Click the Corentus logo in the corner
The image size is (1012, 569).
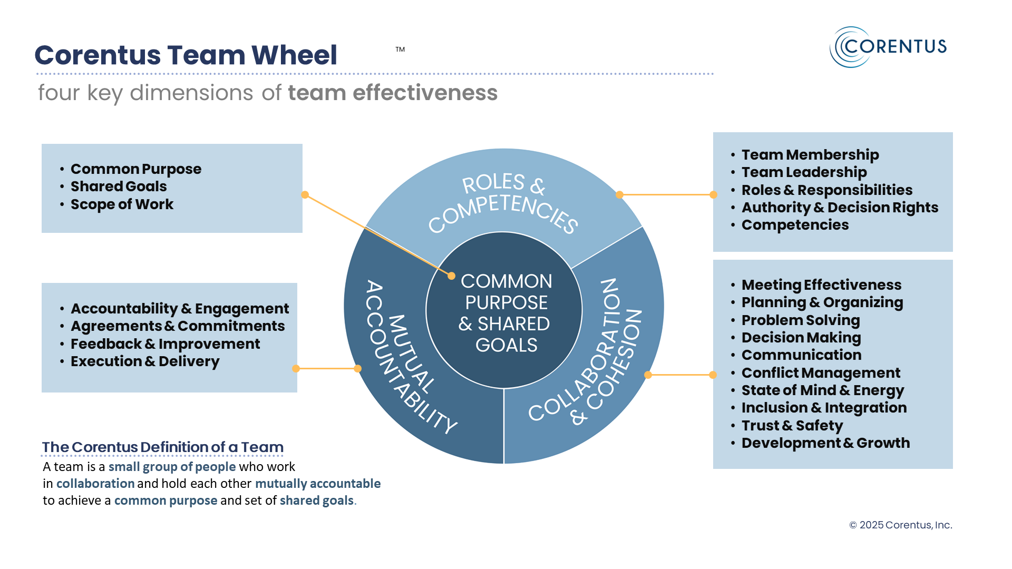coord(889,47)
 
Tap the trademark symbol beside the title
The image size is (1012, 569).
coord(400,50)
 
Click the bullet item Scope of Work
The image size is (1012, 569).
coord(122,204)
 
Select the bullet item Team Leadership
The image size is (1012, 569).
coord(804,172)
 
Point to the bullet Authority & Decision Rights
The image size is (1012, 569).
coord(840,208)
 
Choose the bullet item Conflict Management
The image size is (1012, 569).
coord(821,373)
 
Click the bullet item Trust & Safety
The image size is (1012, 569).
coord(792,426)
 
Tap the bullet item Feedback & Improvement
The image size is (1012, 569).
coord(165,344)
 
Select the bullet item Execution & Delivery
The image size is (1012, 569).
coord(145,361)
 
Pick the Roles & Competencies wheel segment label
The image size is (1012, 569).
coord(503,203)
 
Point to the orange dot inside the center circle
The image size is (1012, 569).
coord(451,276)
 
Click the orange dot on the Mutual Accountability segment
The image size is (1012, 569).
coord(358,369)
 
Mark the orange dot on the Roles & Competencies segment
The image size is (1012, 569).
coord(620,195)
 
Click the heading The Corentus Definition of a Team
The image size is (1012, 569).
coord(163,447)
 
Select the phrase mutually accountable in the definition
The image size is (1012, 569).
coord(318,484)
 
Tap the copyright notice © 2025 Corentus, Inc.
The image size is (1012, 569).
coord(900,525)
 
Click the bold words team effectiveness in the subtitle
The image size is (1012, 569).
coord(393,93)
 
